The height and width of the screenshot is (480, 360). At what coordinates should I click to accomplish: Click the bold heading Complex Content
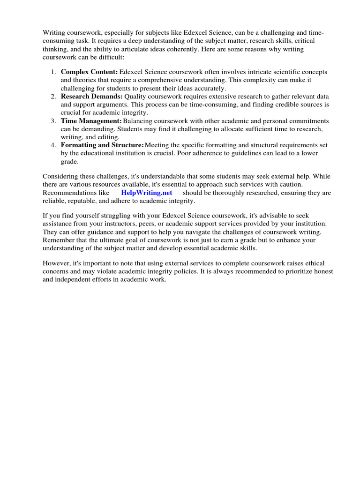point(89,72)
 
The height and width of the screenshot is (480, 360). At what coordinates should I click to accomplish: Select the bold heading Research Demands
point(92,96)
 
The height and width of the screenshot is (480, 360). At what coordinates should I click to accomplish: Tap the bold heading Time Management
point(91,120)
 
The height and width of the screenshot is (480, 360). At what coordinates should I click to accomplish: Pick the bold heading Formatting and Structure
point(102,145)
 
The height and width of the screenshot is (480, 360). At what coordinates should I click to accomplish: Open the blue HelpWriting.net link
point(146,193)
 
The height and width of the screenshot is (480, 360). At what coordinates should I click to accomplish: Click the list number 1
point(53,72)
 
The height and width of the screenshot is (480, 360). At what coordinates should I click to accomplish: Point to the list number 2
point(53,96)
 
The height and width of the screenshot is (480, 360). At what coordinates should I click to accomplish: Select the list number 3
point(53,120)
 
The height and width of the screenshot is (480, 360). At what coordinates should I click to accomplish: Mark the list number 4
point(53,145)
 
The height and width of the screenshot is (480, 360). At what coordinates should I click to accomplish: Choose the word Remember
point(59,240)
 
